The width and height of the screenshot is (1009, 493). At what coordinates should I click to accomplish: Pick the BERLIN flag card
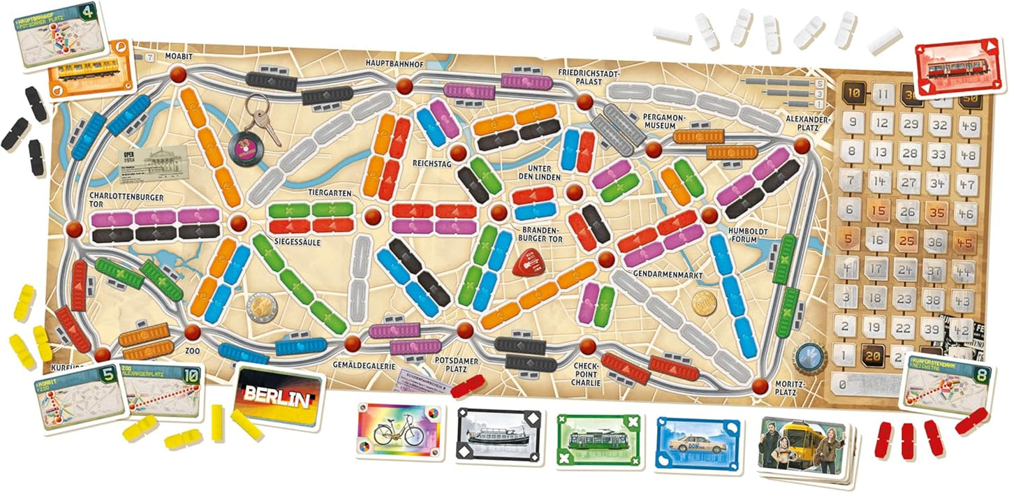coord(279,397)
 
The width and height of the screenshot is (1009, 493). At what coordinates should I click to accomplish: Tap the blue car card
coord(698,439)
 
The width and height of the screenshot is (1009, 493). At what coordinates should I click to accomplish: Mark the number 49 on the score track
coord(969,125)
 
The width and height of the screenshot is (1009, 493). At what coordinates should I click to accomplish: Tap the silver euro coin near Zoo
coord(261,305)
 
